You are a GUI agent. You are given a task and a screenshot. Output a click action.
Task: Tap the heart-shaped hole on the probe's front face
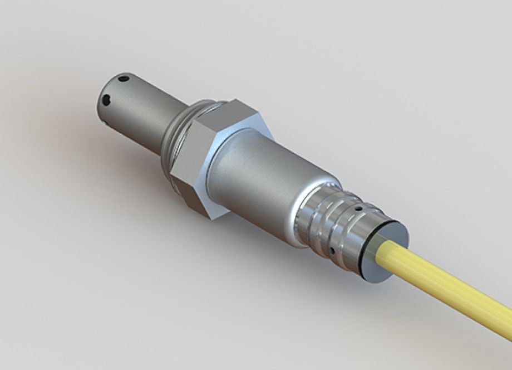pos(106,100)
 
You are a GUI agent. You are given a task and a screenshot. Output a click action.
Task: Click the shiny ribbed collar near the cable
pos(328,223)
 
